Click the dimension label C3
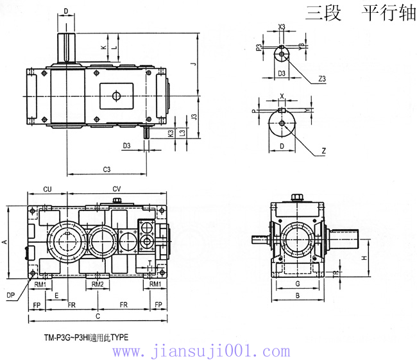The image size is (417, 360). coord(107,169)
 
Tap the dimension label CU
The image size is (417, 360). coord(47,189)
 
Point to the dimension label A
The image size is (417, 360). coord(5,242)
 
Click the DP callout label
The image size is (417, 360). coord(11,295)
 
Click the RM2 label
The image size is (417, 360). coord(98,284)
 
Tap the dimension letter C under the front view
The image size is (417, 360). coord(98,316)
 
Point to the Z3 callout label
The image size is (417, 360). coord(322,78)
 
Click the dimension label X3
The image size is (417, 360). coord(282,27)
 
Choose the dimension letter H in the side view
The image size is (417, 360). coord(364,257)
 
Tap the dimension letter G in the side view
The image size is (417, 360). coord(296,283)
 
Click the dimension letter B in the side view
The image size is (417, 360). coord(296,295)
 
